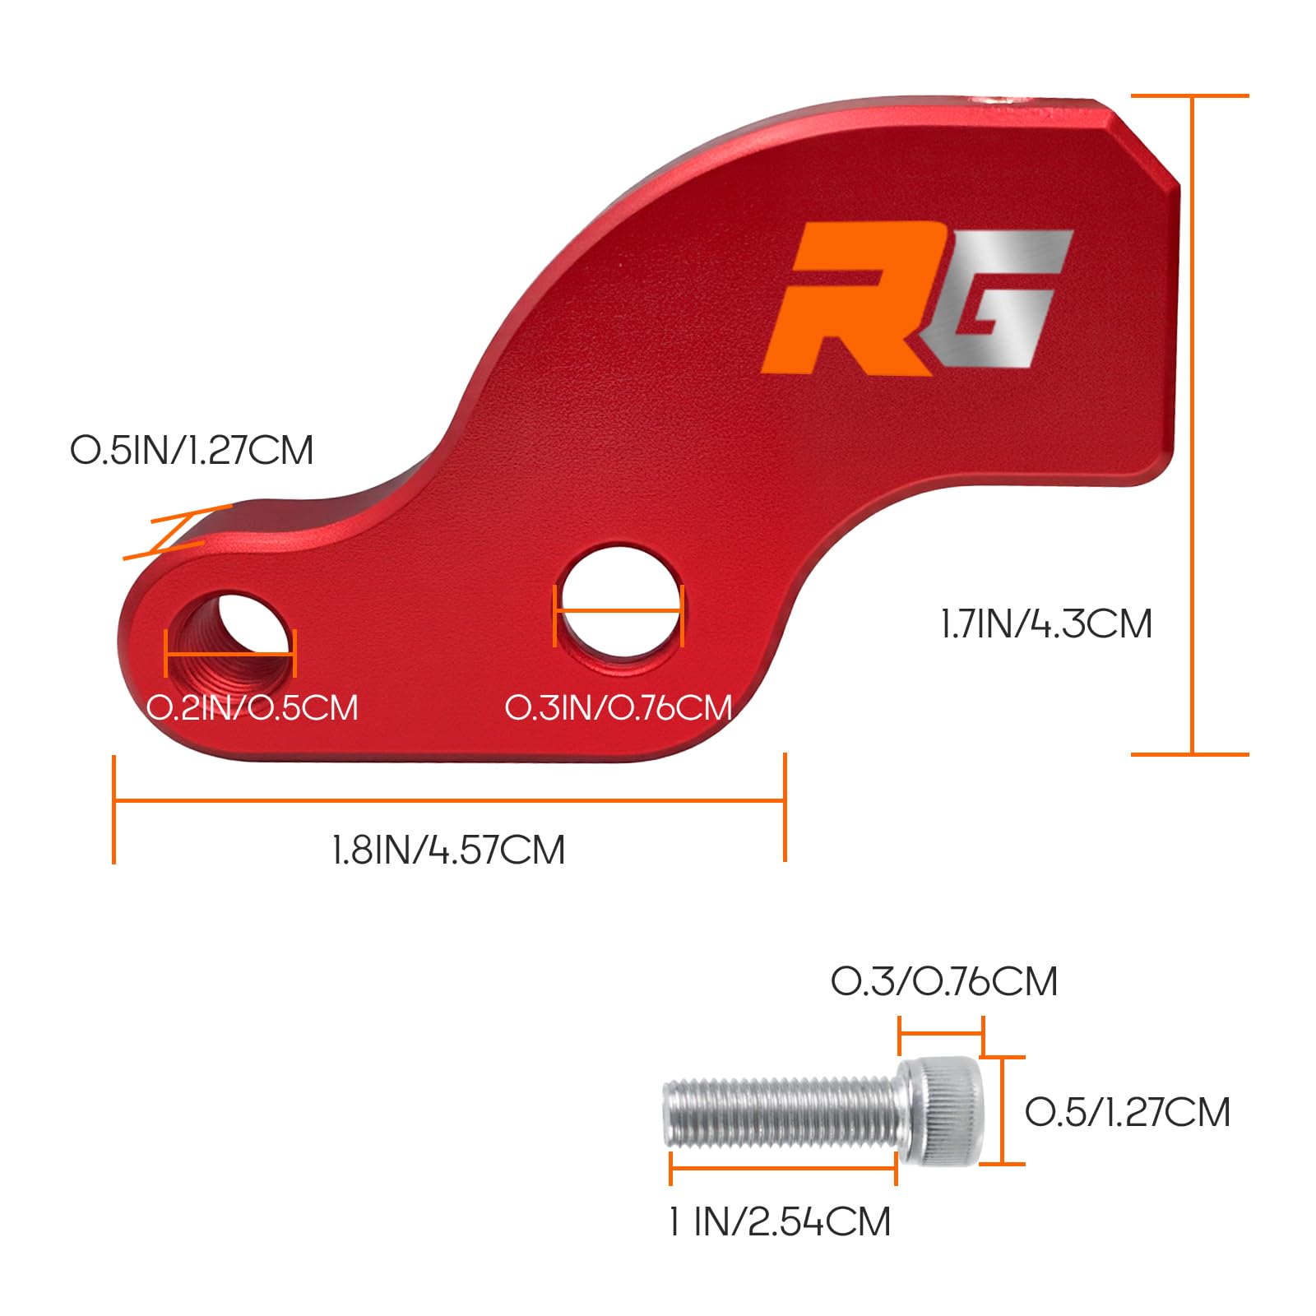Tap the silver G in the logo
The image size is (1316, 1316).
pyautogui.click(x=1003, y=304)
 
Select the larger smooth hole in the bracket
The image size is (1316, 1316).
pyautogui.click(x=619, y=605)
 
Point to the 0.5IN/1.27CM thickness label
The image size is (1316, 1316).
pyautogui.click(x=192, y=451)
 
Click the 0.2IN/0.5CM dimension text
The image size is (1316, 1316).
pyautogui.click(x=253, y=708)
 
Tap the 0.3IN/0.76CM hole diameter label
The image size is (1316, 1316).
pyautogui.click(x=619, y=708)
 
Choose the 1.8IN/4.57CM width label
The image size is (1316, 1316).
pyautogui.click(x=449, y=850)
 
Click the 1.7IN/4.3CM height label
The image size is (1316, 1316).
pyautogui.click(x=1046, y=623)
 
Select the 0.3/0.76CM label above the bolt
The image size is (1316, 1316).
pyautogui.click(x=944, y=981)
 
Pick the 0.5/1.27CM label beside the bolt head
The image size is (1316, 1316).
pyautogui.click(x=1128, y=1112)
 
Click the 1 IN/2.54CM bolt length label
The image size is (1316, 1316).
pyautogui.click(x=780, y=1221)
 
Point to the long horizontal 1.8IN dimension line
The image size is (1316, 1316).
pyautogui.click(x=449, y=799)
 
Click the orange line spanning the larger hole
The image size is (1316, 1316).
pyautogui.click(x=619, y=611)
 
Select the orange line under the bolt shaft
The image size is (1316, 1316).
pyautogui.click(x=783, y=1167)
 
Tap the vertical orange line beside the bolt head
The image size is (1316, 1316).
pyautogui.click(x=1003, y=1110)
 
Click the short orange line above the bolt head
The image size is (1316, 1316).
pyautogui.click(x=941, y=1031)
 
